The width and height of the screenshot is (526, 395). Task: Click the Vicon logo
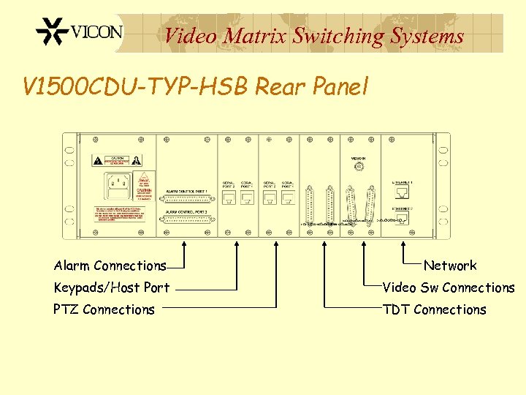[80, 33]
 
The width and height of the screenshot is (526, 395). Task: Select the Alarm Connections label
[110, 266]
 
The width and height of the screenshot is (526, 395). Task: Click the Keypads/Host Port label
[111, 287]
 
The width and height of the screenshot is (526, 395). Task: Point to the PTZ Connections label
[104, 309]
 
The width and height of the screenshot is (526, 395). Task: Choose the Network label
[450, 266]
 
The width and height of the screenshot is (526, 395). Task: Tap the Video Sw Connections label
[449, 287]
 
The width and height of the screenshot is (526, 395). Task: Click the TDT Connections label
[434, 309]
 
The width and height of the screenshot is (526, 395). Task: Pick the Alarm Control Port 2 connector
[188, 220]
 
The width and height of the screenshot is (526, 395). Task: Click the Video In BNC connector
[358, 167]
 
